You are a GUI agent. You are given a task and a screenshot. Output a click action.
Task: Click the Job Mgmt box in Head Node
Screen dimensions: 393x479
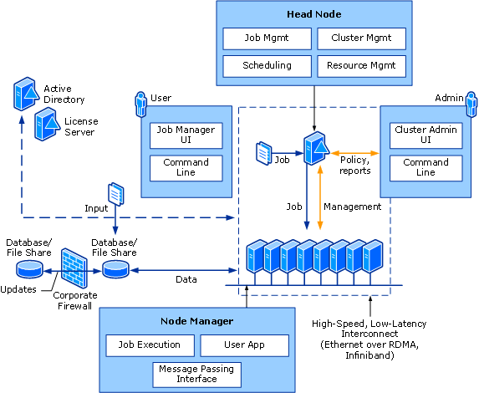pyautogui.click(x=267, y=38)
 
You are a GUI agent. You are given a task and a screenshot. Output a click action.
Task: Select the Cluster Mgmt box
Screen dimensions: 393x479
pyautogui.click(x=361, y=38)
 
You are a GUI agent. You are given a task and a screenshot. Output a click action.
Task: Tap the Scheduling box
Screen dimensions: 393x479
pyautogui.click(x=267, y=65)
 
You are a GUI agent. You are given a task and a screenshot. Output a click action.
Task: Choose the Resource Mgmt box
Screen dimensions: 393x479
pyautogui.click(x=361, y=65)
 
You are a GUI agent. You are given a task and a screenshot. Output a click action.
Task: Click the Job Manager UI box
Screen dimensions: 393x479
pyautogui.click(x=186, y=135)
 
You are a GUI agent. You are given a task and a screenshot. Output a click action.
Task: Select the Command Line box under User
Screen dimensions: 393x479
pyautogui.click(x=186, y=167)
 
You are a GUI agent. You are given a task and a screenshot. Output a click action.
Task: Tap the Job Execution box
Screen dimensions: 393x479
pyautogui.click(x=149, y=345)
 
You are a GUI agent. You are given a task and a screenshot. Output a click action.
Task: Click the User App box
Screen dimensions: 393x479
pyautogui.click(x=245, y=345)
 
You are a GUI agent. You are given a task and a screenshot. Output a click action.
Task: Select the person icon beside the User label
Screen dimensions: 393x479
pyautogui.click(x=140, y=105)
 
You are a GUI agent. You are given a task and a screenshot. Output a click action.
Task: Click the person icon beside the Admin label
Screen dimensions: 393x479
pyautogui.click(x=471, y=105)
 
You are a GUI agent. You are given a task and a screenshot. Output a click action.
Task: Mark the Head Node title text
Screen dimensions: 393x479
pyautogui.click(x=314, y=13)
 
